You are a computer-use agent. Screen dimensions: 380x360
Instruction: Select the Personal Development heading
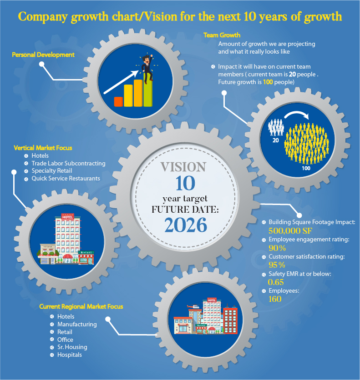click(43, 55)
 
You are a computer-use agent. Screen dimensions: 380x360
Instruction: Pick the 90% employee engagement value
click(277, 248)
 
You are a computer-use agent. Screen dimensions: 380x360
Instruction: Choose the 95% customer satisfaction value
click(277, 265)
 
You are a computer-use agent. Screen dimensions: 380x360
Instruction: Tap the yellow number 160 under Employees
click(275, 299)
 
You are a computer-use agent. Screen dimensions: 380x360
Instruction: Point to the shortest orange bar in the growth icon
click(118, 101)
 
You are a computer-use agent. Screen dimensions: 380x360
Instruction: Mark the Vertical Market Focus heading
click(43, 148)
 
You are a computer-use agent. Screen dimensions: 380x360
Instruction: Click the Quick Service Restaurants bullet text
click(66, 179)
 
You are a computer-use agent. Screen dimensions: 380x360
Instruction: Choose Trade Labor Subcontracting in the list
click(68, 163)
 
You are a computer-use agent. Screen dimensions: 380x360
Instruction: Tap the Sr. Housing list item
click(72, 347)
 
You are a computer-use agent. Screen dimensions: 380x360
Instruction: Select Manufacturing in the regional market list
click(77, 324)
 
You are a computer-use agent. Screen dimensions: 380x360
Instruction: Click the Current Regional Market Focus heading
click(81, 306)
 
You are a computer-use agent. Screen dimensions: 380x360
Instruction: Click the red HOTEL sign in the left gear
click(67, 218)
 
